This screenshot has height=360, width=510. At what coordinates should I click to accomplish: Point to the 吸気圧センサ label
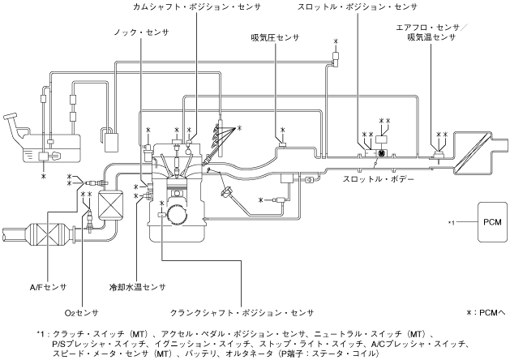click(269, 36)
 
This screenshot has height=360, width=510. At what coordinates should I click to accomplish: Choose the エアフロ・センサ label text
click(432, 27)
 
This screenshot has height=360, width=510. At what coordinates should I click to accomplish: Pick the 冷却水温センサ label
click(137, 287)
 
